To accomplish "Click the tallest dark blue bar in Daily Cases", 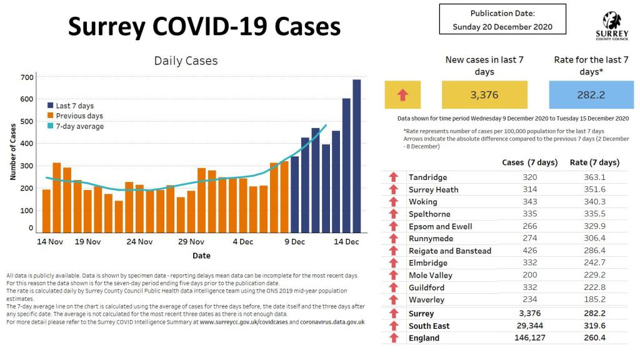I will pyautogui.click(x=356, y=156).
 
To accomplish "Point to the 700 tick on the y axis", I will pyautogui.click(x=26, y=77).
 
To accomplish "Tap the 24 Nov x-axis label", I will pyautogui.click(x=139, y=242).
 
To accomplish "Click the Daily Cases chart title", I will pyautogui.click(x=186, y=61).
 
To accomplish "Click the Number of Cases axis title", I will pyautogui.click(x=13, y=152).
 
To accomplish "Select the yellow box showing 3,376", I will pyautogui.click(x=484, y=95).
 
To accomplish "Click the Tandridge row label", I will pyautogui.click(x=427, y=177).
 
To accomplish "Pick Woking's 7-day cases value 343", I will pyautogui.click(x=530, y=202).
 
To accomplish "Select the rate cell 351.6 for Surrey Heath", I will pyautogui.click(x=594, y=189).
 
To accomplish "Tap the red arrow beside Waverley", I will pyautogui.click(x=393, y=300).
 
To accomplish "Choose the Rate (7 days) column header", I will pyautogui.click(x=594, y=162).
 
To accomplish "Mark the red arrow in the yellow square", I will pyautogui.click(x=402, y=95).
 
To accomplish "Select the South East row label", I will pyautogui.click(x=429, y=326).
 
